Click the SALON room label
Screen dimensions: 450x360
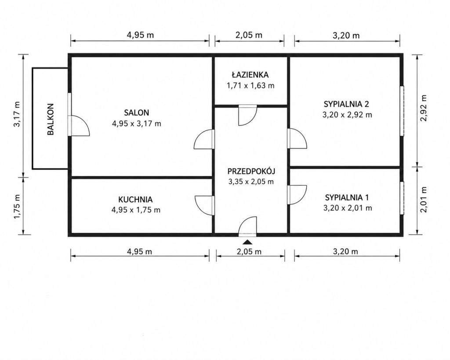coord(136,112)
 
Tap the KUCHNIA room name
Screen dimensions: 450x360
coord(135,199)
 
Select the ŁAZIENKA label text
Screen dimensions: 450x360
coord(250,75)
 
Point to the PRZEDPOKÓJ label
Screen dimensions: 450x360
coord(251,171)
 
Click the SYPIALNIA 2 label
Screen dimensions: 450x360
coord(346,104)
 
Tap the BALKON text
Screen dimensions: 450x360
coord(51,119)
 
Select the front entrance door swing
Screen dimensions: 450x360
coord(247,226)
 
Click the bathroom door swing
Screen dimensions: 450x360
coord(248,116)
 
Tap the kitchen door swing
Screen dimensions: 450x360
coord(204,205)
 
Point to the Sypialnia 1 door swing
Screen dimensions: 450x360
coord(297,195)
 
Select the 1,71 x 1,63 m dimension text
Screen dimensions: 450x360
coord(250,86)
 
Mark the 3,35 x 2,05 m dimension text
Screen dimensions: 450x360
coord(251,182)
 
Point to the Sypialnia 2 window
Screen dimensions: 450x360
coord(402,110)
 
